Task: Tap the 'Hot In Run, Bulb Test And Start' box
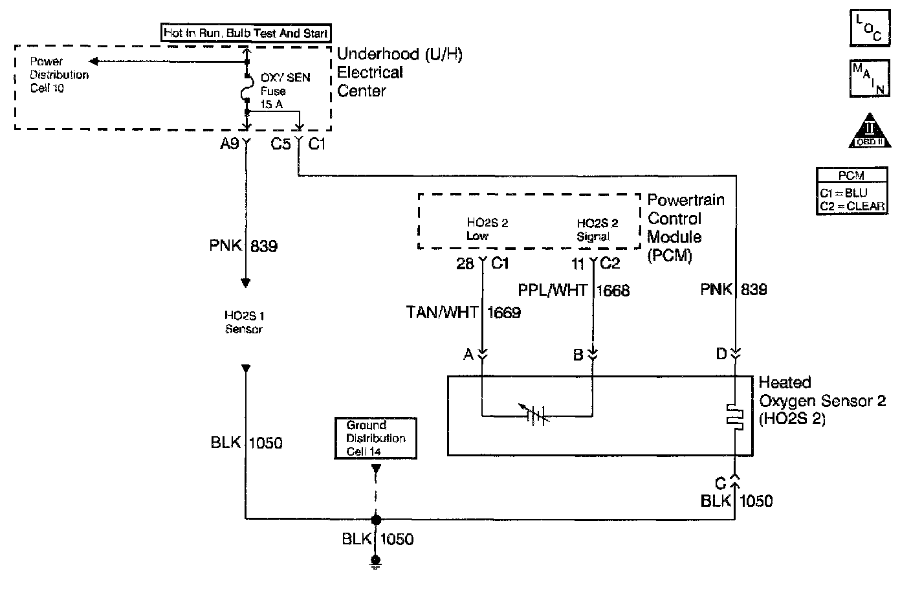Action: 247,33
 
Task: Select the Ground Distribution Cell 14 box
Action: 375,438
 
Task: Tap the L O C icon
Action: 869,27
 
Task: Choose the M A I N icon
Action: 869,78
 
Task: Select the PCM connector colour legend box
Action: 852,190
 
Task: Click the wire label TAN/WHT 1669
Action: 463,313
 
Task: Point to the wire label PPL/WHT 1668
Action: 573,289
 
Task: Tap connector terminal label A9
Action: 229,144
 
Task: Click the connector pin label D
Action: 721,354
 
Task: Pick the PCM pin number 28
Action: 466,263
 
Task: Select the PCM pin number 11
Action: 578,263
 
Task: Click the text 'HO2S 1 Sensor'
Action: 244,322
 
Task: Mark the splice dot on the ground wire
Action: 375,518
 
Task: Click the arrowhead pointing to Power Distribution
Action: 94,61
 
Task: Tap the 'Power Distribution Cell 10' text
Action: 59,74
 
